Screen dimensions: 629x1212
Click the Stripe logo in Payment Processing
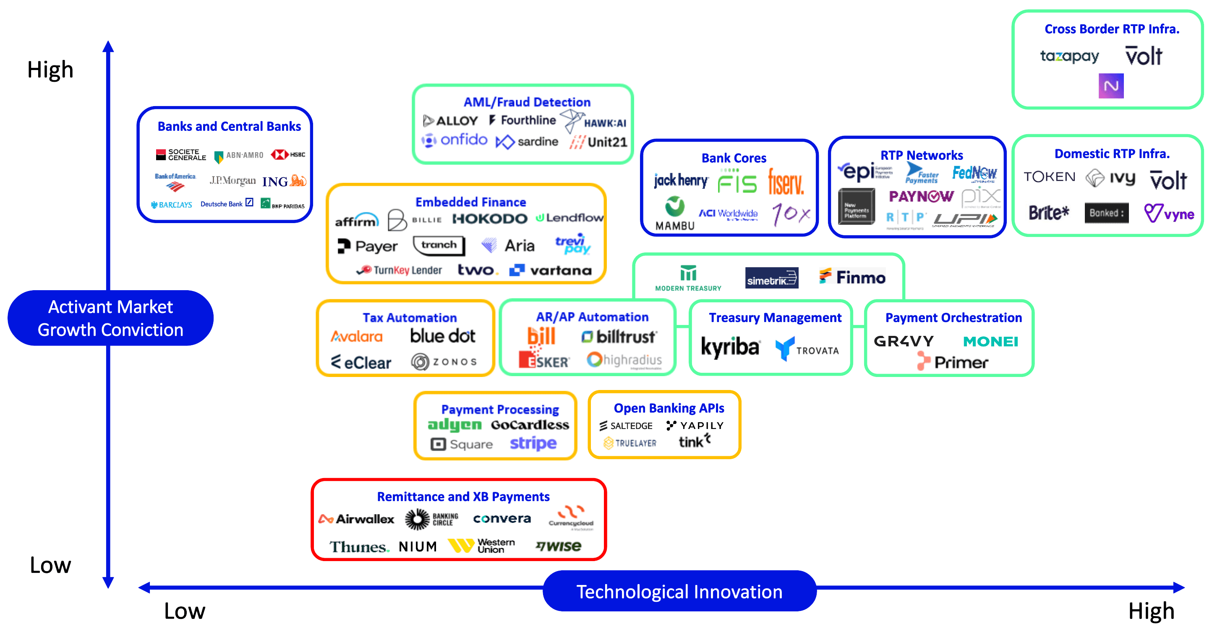pyautogui.click(x=533, y=443)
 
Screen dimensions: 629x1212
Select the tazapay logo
pyautogui.click(x=1069, y=57)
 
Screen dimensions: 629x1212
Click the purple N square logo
pyautogui.click(x=1111, y=86)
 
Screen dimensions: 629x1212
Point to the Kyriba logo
pyautogui.click(x=730, y=347)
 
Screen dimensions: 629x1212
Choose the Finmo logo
pyautogui.click(x=852, y=277)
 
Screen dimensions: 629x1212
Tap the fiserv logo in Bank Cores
pyautogui.click(x=786, y=182)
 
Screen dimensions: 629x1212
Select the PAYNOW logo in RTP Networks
pyautogui.click(x=921, y=196)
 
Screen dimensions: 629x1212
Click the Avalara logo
pyautogui.click(x=357, y=337)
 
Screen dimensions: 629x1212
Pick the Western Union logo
pyautogui.click(x=481, y=546)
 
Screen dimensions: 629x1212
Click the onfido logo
pyautogui.click(x=454, y=140)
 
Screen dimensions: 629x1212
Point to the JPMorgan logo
pyautogui.click(x=232, y=180)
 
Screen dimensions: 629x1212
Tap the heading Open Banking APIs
pyautogui.click(x=669, y=408)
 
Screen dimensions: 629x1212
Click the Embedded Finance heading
pyautogui.click(x=470, y=202)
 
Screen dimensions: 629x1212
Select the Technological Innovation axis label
pyautogui.click(x=679, y=591)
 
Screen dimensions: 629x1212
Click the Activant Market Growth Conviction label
pyautogui.click(x=110, y=318)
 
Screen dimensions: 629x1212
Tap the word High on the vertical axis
pyautogui.click(x=50, y=70)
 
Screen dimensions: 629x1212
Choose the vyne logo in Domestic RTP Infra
pyautogui.click(x=1169, y=214)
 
